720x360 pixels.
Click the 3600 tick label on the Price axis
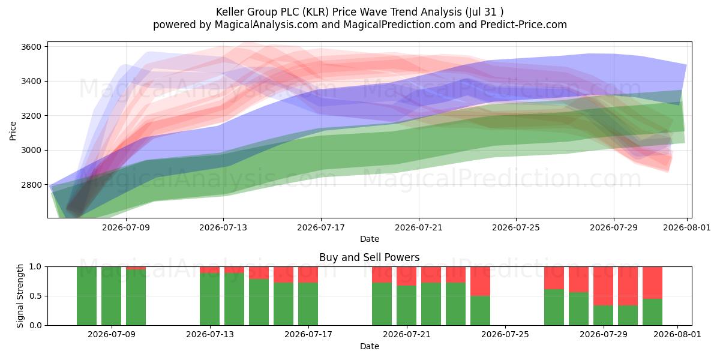click(x=31, y=47)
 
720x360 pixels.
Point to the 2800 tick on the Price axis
click(x=31, y=185)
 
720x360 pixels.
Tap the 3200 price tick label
click(x=31, y=116)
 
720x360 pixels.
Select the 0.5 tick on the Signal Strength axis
click(x=35, y=296)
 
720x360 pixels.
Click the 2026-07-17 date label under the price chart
click(x=321, y=227)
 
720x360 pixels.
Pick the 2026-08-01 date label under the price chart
click(x=687, y=227)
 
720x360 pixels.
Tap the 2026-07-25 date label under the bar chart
click(x=505, y=334)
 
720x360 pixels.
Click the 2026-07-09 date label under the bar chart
click(x=112, y=334)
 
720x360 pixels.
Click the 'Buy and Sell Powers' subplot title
click(x=370, y=257)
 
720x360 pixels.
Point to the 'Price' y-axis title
click(x=13, y=131)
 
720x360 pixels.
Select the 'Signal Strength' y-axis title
click(x=20, y=296)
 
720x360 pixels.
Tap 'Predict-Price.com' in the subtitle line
click(x=524, y=25)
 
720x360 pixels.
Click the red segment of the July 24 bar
click(x=480, y=281)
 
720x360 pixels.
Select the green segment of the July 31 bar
click(x=653, y=312)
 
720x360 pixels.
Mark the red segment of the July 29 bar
click(x=604, y=286)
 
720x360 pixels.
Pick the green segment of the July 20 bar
click(x=382, y=304)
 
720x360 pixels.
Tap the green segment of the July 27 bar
click(x=554, y=307)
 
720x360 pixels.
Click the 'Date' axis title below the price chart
click(x=370, y=239)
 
